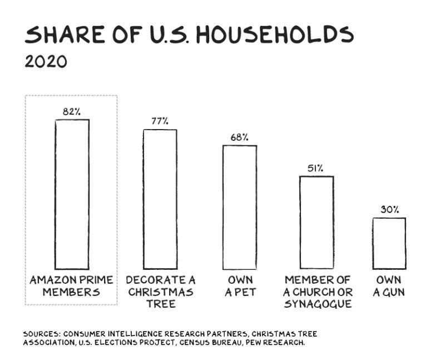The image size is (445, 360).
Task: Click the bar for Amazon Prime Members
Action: [72, 194]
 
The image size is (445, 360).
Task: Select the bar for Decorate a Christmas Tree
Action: [160, 199]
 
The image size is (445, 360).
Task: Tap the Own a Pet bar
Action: [240, 207]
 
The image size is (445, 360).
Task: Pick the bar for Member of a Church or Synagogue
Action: [317, 223]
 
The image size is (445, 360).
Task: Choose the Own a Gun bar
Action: [389, 243]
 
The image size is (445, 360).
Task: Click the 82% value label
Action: [72, 112]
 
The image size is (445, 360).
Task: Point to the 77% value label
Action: [160, 121]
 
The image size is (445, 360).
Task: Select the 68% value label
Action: [240, 137]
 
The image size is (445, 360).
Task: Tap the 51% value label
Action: [317, 168]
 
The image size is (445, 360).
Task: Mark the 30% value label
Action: [389, 210]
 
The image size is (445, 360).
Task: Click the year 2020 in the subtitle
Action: [46, 61]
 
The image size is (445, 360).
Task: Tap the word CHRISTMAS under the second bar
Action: [160, 292]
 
